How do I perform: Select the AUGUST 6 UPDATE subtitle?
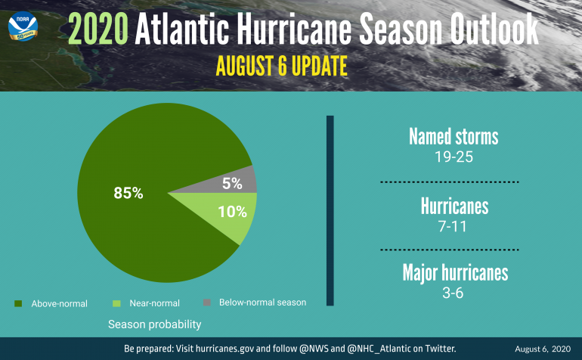[x=281, y=66]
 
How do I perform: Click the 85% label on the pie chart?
[x=128, y=193]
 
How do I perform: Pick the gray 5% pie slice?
[x=233, y=182]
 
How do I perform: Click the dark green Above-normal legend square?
[x=17, y=303]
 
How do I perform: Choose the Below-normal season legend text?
[x=262, y=303]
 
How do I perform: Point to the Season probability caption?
[x=154, y=324]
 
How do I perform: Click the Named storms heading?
[x=454, y=137]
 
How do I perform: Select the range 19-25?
[x=454, y=158]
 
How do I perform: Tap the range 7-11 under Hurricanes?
[x=454, y=226]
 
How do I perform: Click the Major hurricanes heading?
[x=454, y=272]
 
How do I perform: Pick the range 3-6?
[x=454, y=293]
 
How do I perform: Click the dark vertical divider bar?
[x=330, y=211]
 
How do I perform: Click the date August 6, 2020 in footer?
[x=543, y=349]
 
